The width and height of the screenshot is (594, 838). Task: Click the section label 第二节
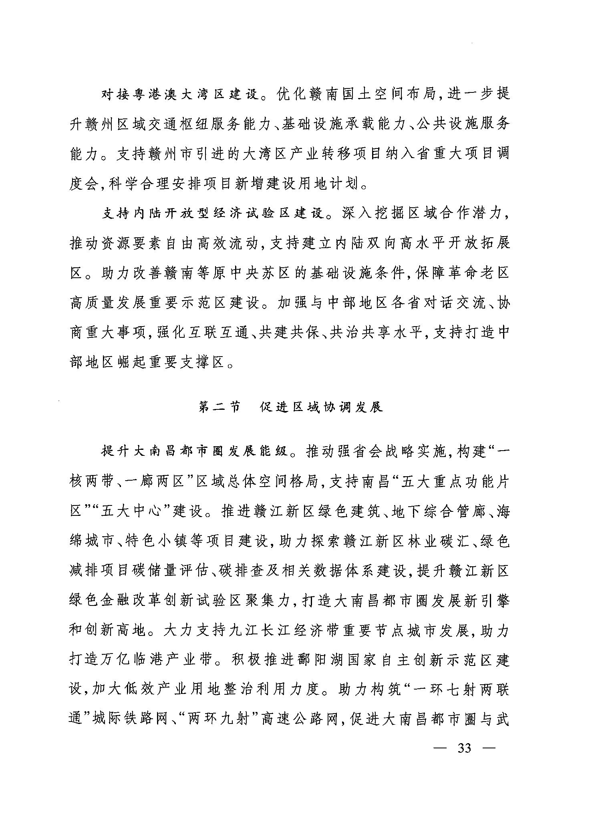tap(220, 407)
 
